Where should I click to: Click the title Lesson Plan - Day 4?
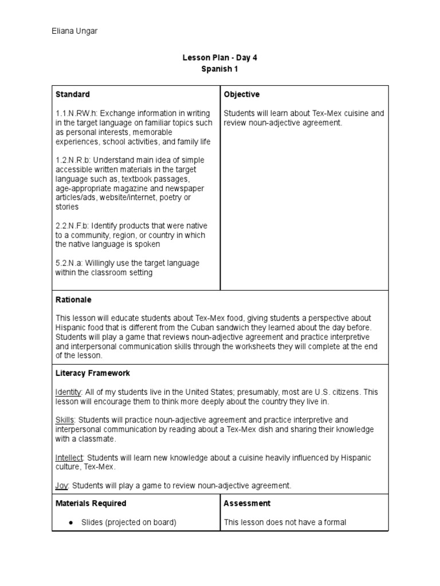coord(216,58)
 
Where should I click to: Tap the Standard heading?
coord(72,94)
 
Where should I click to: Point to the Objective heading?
coord(241,94)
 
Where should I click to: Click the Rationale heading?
coord(73,299)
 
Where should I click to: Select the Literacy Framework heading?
coord(92,373)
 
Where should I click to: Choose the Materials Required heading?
coord(91,504)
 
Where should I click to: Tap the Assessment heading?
coord(247,504)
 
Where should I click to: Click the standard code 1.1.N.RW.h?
coord(77,113)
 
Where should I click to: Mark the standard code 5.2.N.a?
coord(70,263)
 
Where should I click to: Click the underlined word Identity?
coord(69,393)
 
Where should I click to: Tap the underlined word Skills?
coord(64,420)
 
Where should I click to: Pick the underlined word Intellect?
coord(69,457)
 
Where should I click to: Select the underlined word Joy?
coord(62,485)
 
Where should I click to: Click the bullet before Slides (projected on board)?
coord(69,522)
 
